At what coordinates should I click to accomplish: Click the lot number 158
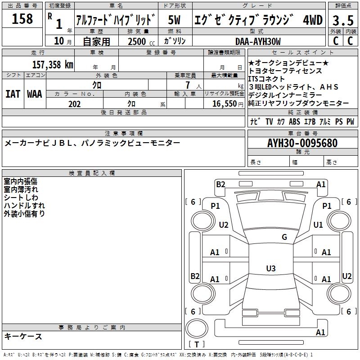(22, 19)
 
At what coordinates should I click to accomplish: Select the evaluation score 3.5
(342, 21)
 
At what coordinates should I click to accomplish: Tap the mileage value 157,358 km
(53, 64)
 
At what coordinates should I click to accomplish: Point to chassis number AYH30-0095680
(302, 143)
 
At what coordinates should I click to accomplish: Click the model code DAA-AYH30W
(258, 41)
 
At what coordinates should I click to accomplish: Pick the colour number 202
(74, 104)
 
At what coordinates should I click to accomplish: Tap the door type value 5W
(175, 20)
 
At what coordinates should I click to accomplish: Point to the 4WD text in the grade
(312, 20)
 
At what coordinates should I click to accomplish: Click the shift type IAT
(13, 94)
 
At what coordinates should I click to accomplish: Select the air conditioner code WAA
(34, 94)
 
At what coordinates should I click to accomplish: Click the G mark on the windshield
(284, 237)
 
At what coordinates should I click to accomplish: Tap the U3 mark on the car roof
(270, 269)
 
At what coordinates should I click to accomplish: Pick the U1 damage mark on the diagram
(318, 225)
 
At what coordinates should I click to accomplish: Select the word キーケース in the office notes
(23, 336)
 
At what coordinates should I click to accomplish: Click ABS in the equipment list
(294, 122)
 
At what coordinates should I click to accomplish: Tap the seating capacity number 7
(186, 85)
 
